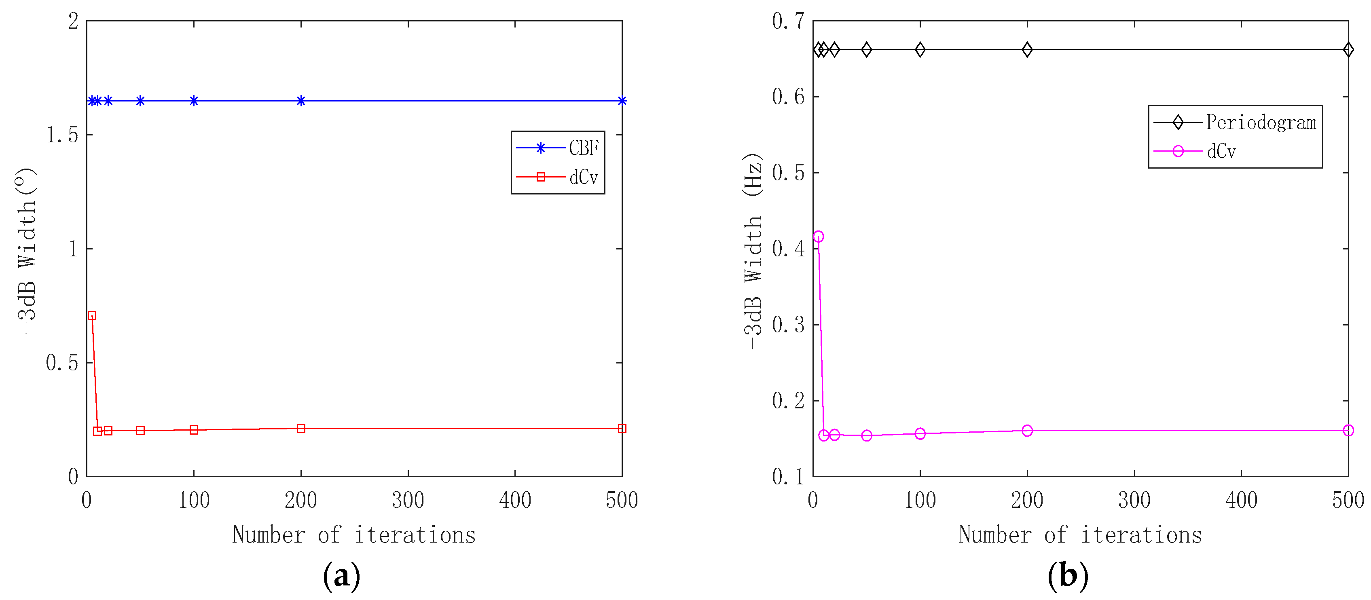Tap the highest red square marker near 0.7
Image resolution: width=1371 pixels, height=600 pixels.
point(92,316)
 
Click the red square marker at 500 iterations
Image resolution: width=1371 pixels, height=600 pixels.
point(622,429)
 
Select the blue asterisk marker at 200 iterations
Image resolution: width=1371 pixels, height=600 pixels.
point(301,101)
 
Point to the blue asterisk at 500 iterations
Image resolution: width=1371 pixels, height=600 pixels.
point(622,101)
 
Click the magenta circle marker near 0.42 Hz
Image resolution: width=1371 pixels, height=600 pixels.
point(819,237)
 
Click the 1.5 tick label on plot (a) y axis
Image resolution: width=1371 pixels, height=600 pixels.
point(63,135)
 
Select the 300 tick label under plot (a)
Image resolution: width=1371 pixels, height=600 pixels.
point(408,501)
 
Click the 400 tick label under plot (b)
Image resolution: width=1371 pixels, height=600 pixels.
point(1241,501)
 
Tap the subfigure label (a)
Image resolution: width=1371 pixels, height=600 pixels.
point(342,576)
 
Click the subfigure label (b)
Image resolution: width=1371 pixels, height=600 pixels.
point(1068,576)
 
